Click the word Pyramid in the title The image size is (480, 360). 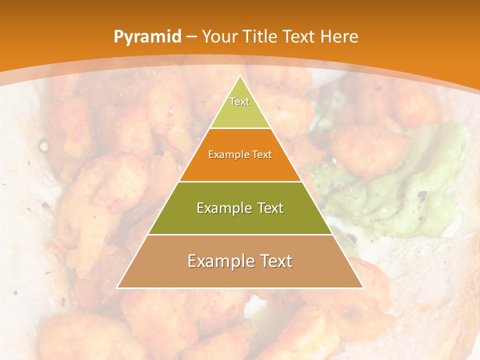[147, 37]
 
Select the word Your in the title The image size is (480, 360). [219, 37]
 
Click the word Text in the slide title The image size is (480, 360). [300, 37]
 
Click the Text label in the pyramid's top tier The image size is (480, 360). [239, 101]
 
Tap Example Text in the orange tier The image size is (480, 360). [240, 154]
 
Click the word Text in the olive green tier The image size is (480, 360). [267, 208]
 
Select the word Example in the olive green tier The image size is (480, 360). [223, 208]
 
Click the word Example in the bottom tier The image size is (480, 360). [219, 261]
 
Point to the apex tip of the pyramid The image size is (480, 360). [240, 76]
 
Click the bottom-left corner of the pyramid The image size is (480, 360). [118, 287]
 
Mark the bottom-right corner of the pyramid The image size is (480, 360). [362, 287]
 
